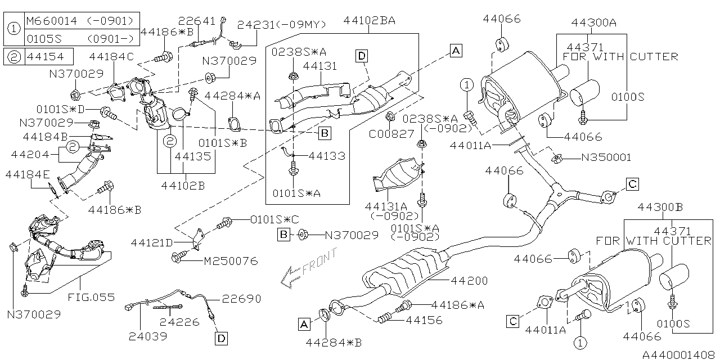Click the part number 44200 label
469,281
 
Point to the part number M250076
230,261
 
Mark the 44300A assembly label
594,22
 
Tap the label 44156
424,320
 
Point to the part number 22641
197,21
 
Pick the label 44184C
111,56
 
